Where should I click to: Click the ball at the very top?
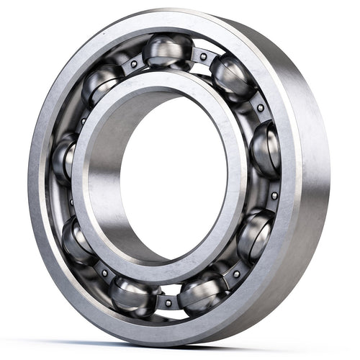tap(167, 50)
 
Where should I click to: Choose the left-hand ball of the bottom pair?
tap(134, 294)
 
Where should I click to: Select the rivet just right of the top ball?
tap(204, 56)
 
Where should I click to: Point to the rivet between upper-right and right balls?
tap(260, 108)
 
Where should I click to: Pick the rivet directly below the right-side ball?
tap(274, 195)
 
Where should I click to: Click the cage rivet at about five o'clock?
tap(235, 274)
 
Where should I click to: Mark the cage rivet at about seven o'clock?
tap(104, 274)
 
